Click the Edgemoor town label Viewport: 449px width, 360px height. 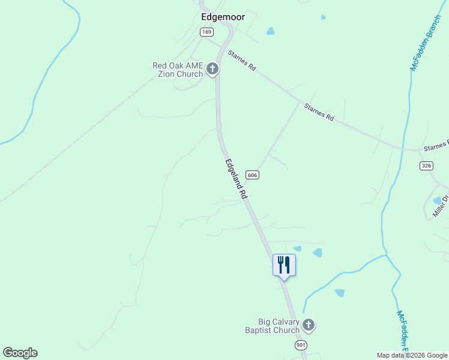pos(222,17)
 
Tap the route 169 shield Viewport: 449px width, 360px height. pos(207,32)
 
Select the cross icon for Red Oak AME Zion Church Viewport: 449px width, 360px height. pos(212,70)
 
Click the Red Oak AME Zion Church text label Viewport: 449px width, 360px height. pos(178,70)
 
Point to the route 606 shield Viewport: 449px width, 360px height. pos(252,175)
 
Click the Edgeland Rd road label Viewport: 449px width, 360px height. pos(237,179)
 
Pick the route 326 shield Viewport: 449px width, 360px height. pos(426,166)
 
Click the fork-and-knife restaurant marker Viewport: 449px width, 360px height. pos(284,265)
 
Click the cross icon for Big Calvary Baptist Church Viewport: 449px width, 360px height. pos(309,325)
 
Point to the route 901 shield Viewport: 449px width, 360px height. pos(301,345)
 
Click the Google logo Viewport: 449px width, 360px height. pos(20,353)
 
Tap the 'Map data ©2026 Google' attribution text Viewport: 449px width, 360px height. pos(412,355)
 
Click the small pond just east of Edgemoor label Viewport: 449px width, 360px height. pos(270,31)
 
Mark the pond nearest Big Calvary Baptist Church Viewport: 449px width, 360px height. pos(339,293)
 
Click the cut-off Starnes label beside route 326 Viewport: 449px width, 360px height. pos(435,146)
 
